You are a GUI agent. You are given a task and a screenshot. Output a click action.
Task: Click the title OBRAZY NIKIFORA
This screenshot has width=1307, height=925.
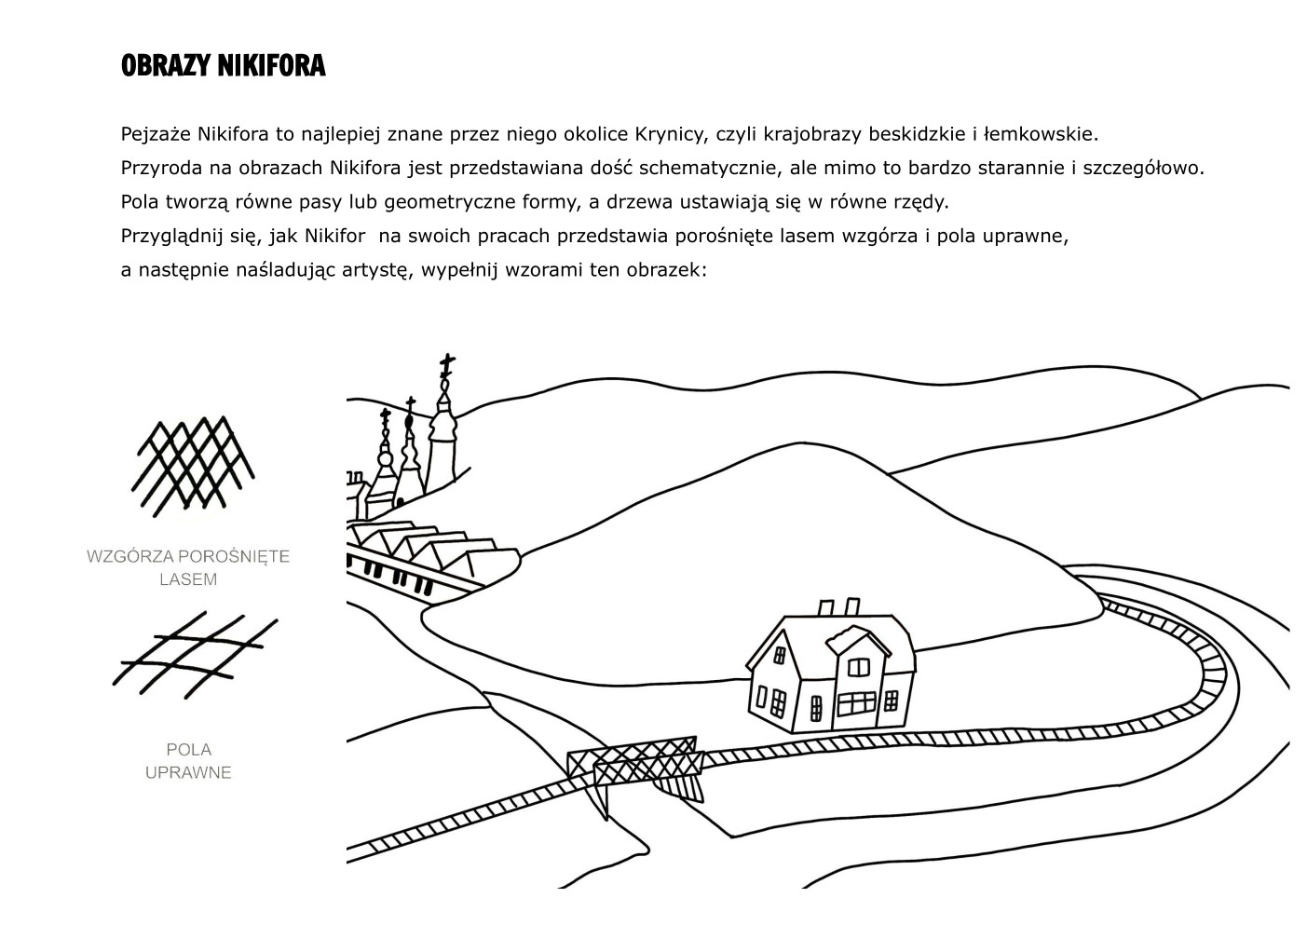pyautogui.click(x=223, y=66)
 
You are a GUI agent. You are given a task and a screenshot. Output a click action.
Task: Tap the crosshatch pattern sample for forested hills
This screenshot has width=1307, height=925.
pyautogui.click(x=193, y=467)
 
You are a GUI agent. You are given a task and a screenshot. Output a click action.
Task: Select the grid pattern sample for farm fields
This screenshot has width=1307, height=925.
pyautogui.click(x=195, y=656)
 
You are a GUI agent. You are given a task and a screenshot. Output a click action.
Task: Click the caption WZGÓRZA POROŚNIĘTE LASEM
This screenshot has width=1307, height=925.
pyautogui.click(x=188, y=567)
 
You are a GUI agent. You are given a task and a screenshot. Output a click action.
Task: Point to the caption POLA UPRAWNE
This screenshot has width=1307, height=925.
pyautogui.click(x=188, y=760)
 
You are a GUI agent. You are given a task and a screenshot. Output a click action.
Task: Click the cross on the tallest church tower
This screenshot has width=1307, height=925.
pyautogui.click(x=447, y=365)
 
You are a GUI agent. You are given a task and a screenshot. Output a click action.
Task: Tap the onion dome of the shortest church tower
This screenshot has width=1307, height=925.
pyautogui.click(x=385, y=458)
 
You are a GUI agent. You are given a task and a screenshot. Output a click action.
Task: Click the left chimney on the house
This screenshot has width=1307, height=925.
pyautogui.click(x=826, y=607)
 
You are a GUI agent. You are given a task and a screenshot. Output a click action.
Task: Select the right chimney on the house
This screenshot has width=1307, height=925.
pyautogui.click(x=851, y=606)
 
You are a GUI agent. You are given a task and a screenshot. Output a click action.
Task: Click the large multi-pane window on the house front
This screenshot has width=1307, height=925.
pyautogui.click(x=856, y=704)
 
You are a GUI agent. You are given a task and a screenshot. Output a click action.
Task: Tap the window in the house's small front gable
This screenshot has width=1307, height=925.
pyautogui.click(x=858, y=667)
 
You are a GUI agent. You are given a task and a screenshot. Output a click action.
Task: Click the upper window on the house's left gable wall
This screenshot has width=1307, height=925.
pyautogui.click(x=779, y=656)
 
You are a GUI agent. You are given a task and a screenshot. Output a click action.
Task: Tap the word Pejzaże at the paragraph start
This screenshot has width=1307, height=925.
pyautogui.click(x=156, y=135)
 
